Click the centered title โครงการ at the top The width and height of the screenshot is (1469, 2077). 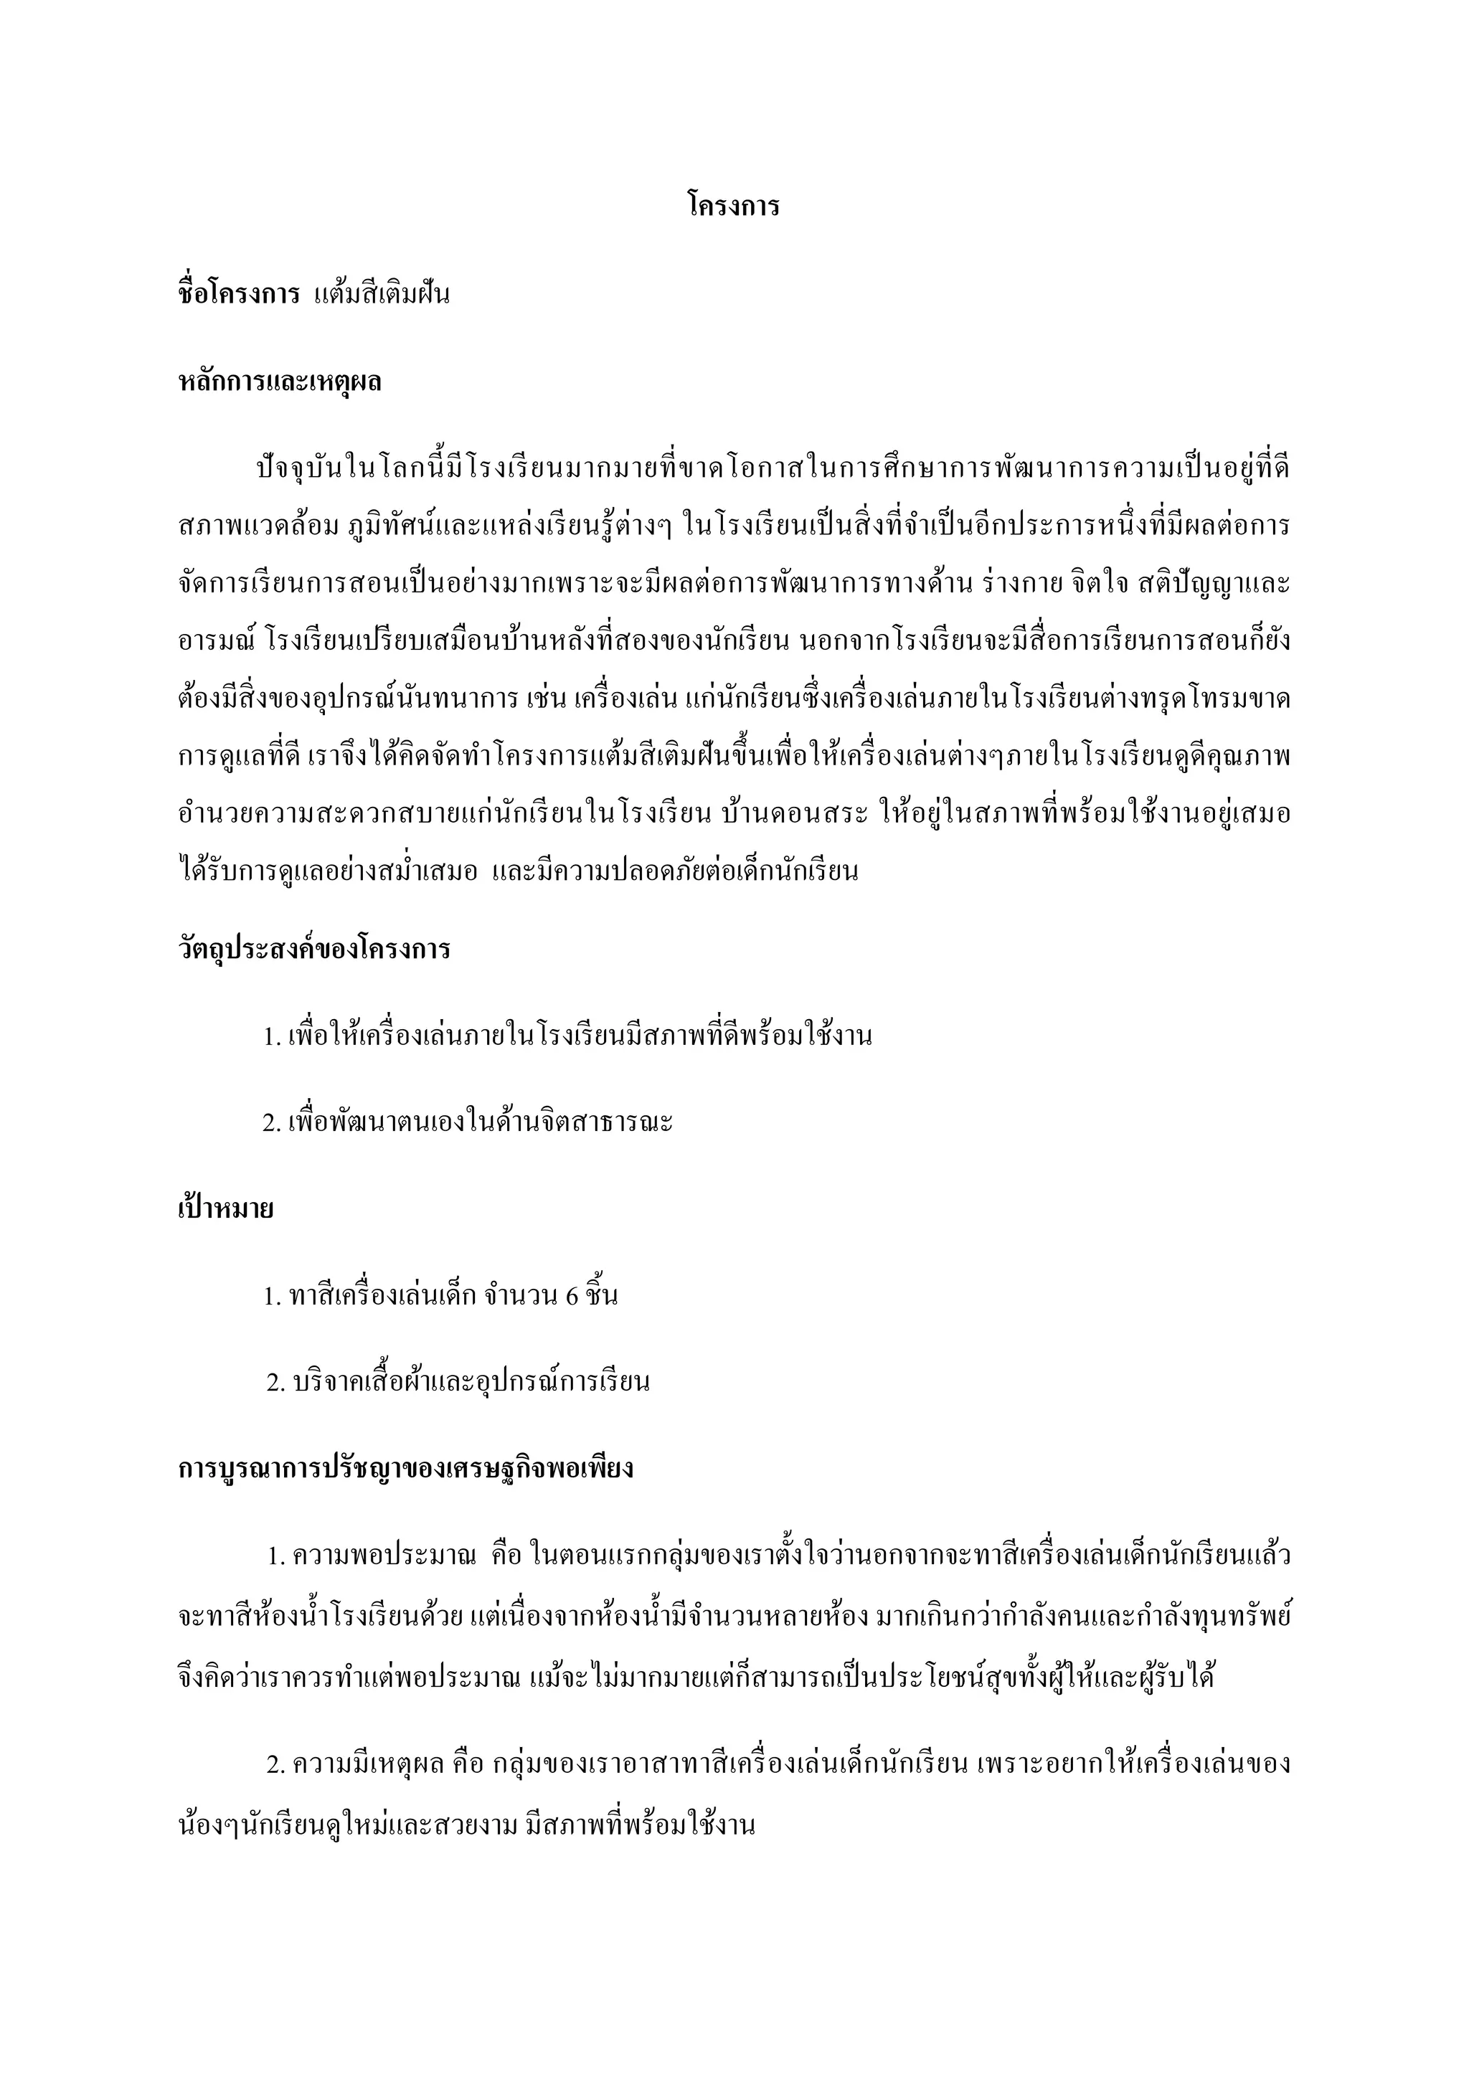point(732,207)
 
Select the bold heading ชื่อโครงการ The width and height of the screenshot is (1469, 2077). point(239,295)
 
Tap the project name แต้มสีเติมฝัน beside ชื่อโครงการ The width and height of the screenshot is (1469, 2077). point(382,295)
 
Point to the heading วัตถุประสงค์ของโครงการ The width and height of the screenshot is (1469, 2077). point(314,949)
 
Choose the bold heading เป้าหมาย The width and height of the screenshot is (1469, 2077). point(225,1208)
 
